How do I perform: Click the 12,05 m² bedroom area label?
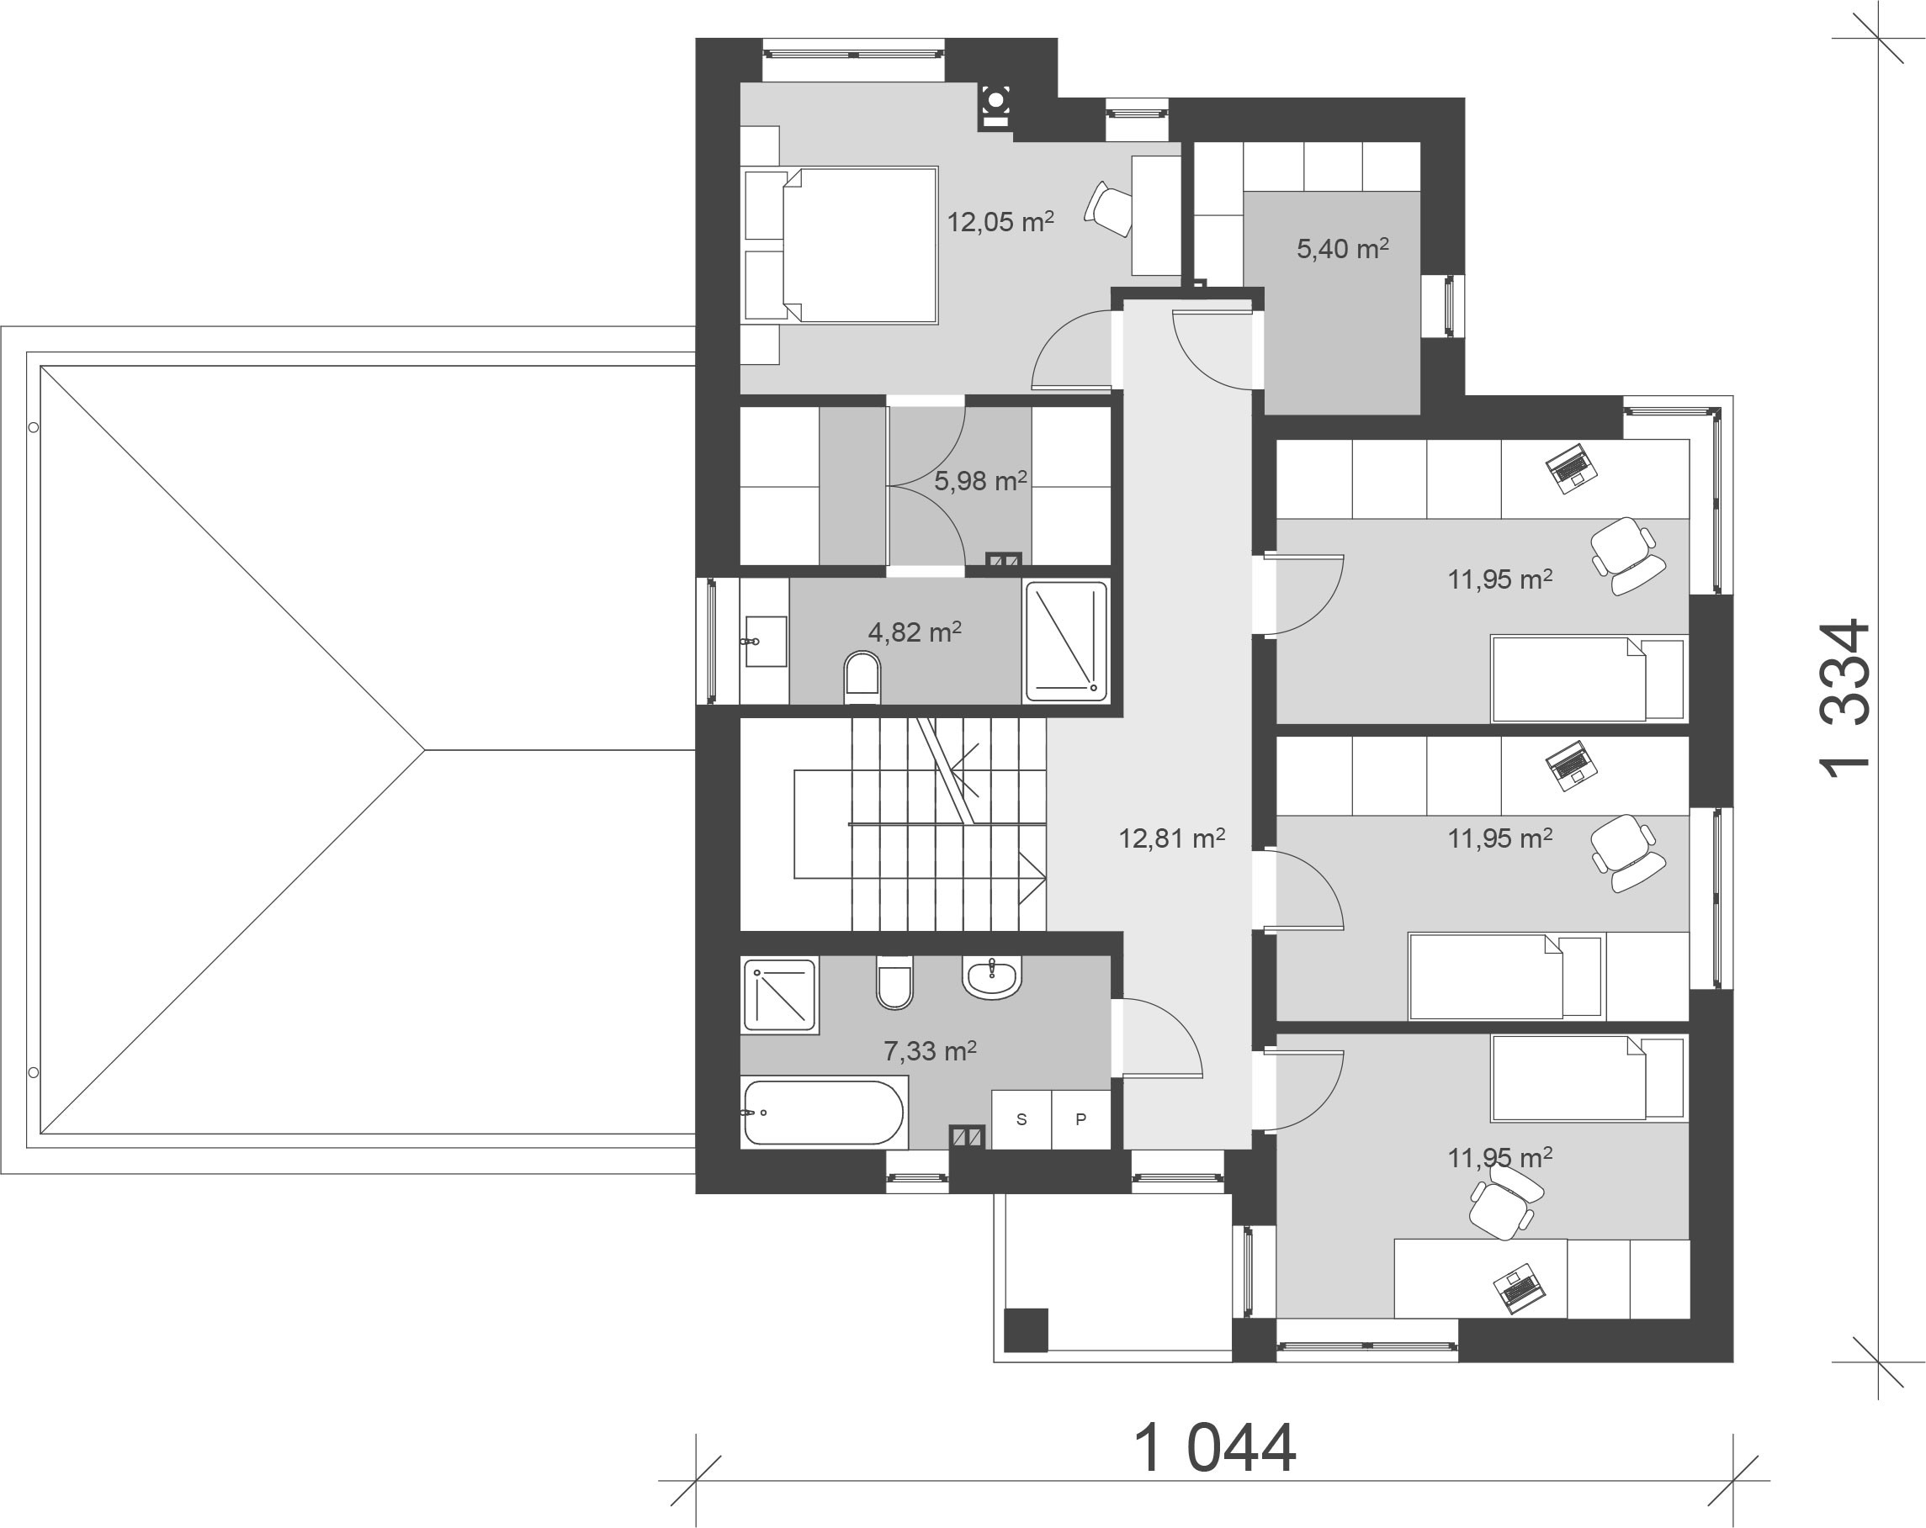(x=1000, y=221)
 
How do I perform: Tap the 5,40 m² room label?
(x=1342, y=248)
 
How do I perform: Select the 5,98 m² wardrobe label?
(x=980, y=481)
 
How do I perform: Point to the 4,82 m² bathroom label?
(x=914, y=632)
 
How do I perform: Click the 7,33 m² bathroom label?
(x=929, y=1051)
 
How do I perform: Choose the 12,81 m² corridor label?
(x=1171, y=838)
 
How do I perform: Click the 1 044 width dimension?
(x=1214, y=1447)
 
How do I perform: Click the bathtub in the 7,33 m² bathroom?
(x=823, y=1113)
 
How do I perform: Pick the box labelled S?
(x=1021, y=1119)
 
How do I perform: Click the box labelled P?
(x=1081, y=1119)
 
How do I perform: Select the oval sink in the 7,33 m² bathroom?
(x=991, y=978)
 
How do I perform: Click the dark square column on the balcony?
(x=1026, y=1330)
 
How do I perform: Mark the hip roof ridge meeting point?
(x=425, y=750)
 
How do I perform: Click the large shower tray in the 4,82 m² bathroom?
(x=1066, y=640)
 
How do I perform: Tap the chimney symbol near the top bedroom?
(x=995, y=104)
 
